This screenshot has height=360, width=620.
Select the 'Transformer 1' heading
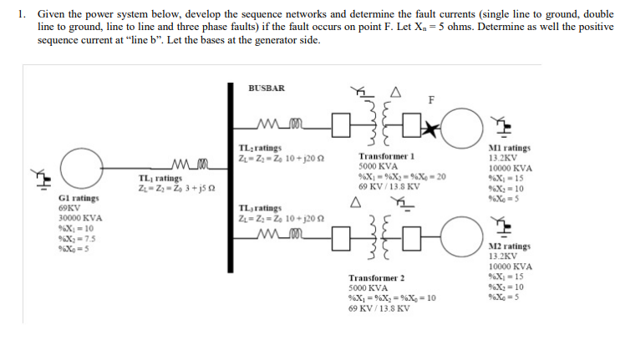pyautogui.click(x=386, y=156)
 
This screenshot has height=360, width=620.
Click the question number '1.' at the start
pyautogui.click(x=21, y=14)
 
